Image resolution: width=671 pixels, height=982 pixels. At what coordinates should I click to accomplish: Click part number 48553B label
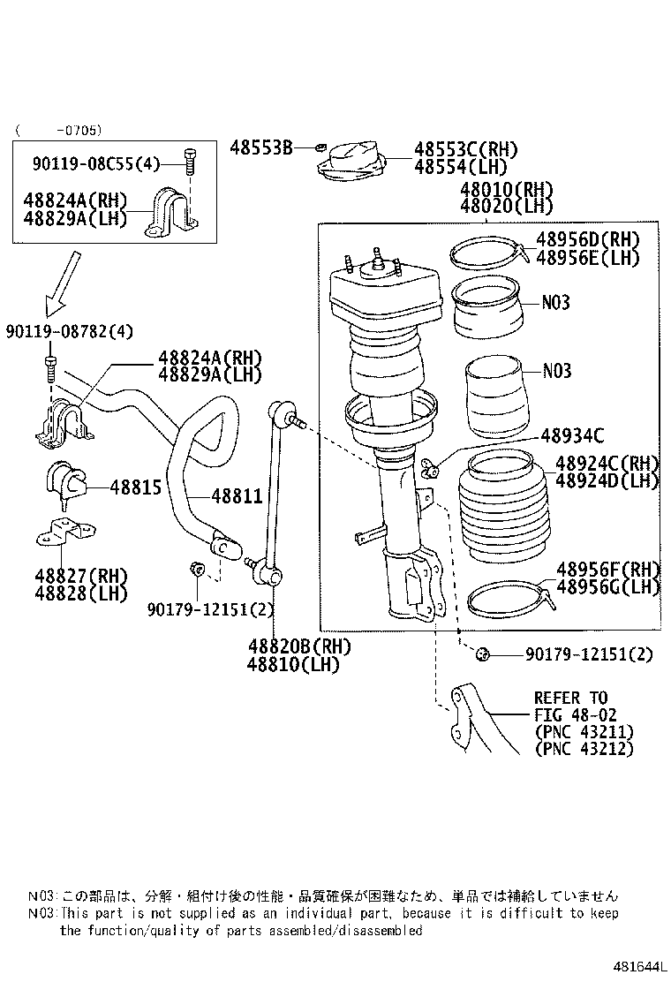261,147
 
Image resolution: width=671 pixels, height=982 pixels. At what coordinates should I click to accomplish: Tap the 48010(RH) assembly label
506,190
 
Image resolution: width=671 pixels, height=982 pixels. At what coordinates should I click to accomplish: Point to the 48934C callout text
572,434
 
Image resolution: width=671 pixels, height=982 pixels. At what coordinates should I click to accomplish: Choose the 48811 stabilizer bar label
236,496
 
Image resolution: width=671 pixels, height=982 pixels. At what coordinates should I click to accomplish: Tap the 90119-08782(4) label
69,331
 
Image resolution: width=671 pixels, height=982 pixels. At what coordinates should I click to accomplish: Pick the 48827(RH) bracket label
81,575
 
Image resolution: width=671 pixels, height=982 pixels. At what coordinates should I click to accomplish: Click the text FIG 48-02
575,714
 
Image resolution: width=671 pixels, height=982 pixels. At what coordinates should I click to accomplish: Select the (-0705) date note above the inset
58,130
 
